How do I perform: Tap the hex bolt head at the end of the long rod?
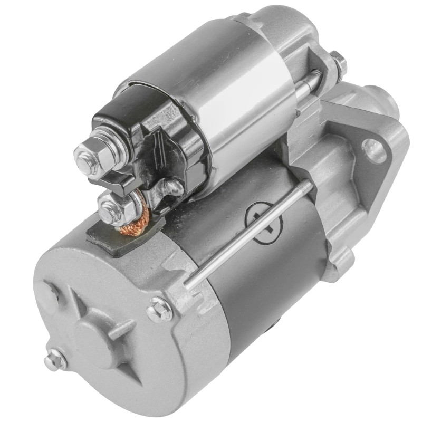[160, 309]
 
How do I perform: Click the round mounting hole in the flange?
[376, 150]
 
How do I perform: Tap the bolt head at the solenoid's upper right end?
[338, 62]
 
